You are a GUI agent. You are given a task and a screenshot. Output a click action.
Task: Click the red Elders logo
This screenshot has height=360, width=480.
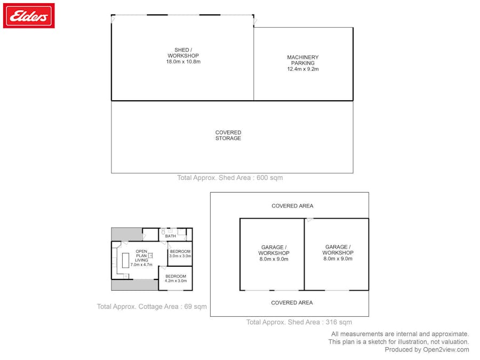[x=29, y=15]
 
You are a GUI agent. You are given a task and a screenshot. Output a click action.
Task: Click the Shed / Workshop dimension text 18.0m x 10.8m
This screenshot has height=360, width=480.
[x=183, y=61]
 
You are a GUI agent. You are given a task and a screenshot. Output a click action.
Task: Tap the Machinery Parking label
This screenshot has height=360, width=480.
[x=303, y=60]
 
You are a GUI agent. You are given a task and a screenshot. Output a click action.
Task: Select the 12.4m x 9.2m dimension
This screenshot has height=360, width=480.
[x=303, y=69]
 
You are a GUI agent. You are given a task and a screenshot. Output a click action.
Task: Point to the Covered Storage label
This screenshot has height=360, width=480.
[x=228, y=135]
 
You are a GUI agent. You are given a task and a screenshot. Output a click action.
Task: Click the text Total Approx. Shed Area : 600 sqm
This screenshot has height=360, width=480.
[x=230, y=178]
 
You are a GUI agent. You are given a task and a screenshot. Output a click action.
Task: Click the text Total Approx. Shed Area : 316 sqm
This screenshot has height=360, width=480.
[x=299, y=322]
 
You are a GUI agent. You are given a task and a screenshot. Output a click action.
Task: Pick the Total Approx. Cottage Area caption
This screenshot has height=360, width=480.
[x=152, y=307]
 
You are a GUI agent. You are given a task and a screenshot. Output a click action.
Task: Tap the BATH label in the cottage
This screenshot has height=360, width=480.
[x=171, y=236]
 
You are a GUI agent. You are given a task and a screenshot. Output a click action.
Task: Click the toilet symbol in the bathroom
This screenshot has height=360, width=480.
[x=163, y=233]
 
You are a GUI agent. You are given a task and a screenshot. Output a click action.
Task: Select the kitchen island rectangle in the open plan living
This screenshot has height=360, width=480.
[x=125, y=260]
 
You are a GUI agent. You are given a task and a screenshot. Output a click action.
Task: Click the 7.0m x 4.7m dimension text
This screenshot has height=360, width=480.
[x=141, y=265]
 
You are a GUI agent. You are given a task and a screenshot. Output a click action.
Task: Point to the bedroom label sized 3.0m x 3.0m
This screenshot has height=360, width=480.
[x=180, y=253]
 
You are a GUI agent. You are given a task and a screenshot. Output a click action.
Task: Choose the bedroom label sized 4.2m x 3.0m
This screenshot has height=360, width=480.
[x=175, y=278]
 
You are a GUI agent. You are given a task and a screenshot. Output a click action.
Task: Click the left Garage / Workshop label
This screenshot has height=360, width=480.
[x=274, y=253]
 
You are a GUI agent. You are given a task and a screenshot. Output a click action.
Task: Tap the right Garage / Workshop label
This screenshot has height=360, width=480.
[x=338, y=253]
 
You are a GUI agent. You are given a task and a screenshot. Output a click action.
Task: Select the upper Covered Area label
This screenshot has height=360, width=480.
[x=292, y=206]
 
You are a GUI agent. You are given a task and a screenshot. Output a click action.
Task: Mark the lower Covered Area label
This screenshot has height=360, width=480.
[x=292, y=303]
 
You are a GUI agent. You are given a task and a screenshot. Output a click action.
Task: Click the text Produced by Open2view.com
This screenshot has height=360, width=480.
[x=427, y=349]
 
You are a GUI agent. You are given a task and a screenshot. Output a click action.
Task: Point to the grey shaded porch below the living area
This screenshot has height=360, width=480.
[x=135, y=285]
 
